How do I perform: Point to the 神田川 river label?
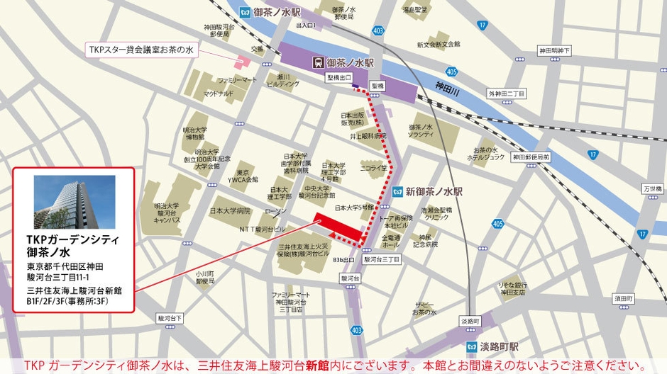coord(448,86)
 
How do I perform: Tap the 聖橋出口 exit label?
coord(339,77)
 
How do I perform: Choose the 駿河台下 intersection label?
coord(170,318)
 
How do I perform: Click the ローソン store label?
coord(276,212)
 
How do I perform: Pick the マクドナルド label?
coord(219,93)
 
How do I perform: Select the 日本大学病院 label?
coord(230,210)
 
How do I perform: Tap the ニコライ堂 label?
coord(374,169)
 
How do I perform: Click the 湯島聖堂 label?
coord(415,10)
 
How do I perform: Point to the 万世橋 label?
coord(651,189)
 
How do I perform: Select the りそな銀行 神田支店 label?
coord(512,287)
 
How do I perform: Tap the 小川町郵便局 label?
coord(205,277)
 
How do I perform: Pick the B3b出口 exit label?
coord(343,260)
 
